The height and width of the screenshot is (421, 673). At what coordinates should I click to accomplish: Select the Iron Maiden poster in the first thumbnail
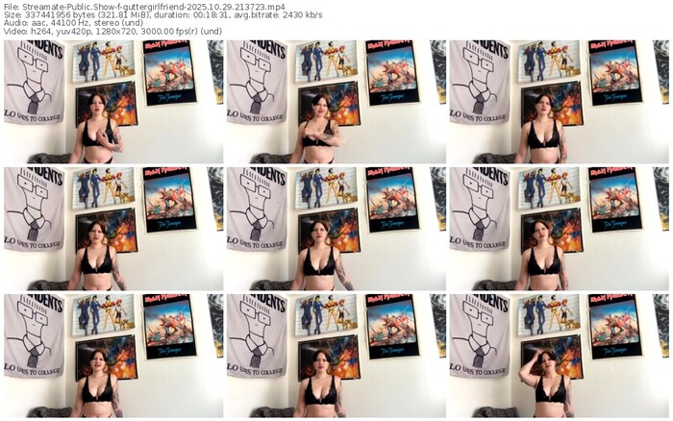170,71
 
